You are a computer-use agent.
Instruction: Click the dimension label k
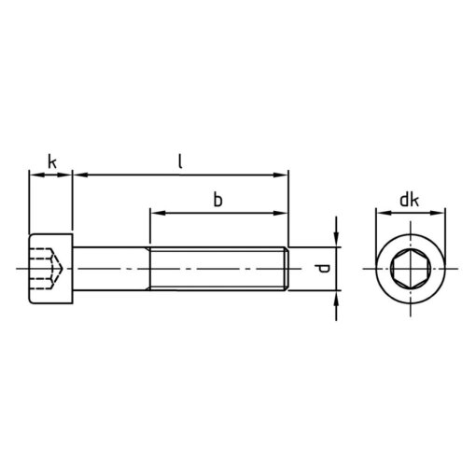(x=52, y=162)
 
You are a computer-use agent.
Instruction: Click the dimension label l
(x=180, y=161)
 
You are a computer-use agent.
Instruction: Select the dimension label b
(x=218, y=200)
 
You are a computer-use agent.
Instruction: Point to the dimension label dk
(x=409, y=200)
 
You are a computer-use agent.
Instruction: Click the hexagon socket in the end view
(x=411, y=269)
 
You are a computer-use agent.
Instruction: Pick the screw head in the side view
(x=51, y=269)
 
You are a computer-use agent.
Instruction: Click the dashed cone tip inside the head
(x=63, y=268)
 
